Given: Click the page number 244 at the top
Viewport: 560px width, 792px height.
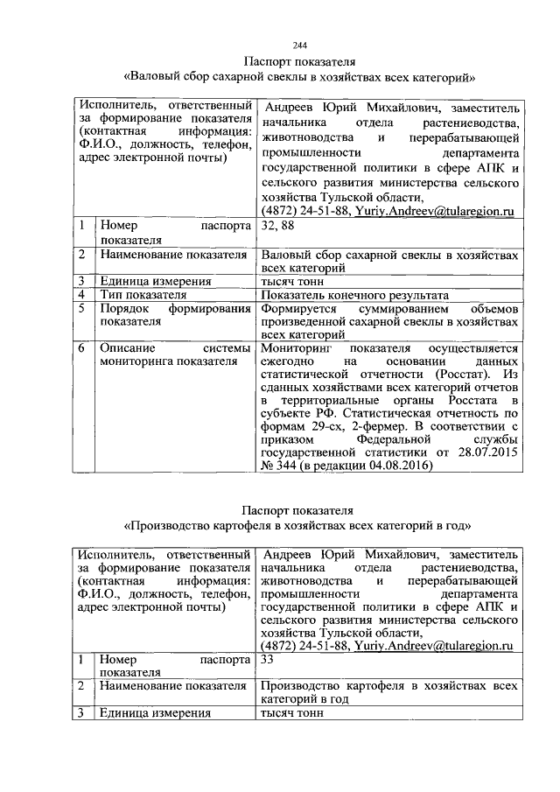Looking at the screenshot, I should (x=300, y=46).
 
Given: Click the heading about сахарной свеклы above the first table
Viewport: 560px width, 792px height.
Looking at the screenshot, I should (x=300, y=77).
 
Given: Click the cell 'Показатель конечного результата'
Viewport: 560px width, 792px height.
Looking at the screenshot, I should (x=354, y=295).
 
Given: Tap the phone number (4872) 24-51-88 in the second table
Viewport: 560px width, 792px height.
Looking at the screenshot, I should (x=304, y=645).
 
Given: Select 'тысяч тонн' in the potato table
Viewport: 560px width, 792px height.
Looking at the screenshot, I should (x=292, y=713).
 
